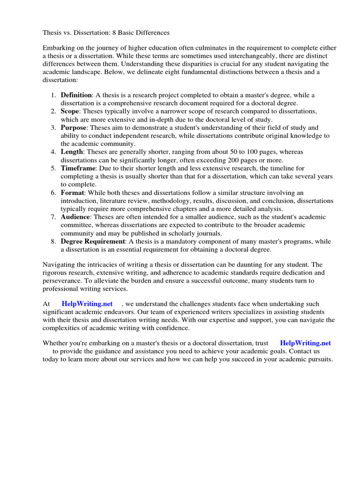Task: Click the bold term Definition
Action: (x=76, y=95)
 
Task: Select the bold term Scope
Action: (x=70, y=111)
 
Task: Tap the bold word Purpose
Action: (x=74, y=127)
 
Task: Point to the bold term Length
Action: (x=72, y=152)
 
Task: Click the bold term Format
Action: (x=72, y=193)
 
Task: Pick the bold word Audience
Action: (x=75, y=217)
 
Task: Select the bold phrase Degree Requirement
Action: (x=93, y=241)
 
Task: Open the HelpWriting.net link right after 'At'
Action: (x=87, y=304)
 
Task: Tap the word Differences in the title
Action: (x=152, y=33)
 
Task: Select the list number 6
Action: (x=53, y=193)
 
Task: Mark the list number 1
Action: (x=53, y=95)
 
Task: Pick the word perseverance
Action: (x=62, y=280)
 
